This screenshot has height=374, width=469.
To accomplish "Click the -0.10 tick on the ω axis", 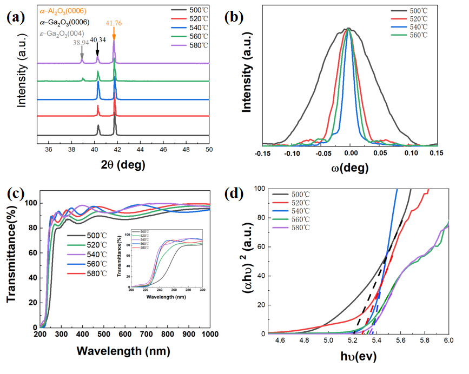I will (292, 153).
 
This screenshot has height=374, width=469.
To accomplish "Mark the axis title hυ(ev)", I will (358, 356).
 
